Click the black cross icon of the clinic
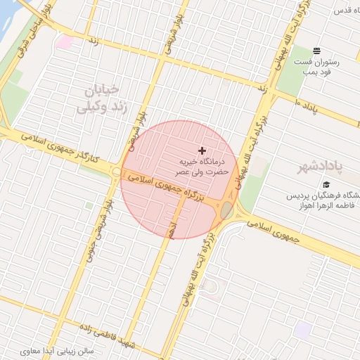point(202,150)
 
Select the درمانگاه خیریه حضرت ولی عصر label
point(202,166)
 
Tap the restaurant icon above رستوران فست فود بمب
point(317,51)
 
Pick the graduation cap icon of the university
point(326,184)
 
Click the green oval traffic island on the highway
point(227,210)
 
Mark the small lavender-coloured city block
point(304,329)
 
